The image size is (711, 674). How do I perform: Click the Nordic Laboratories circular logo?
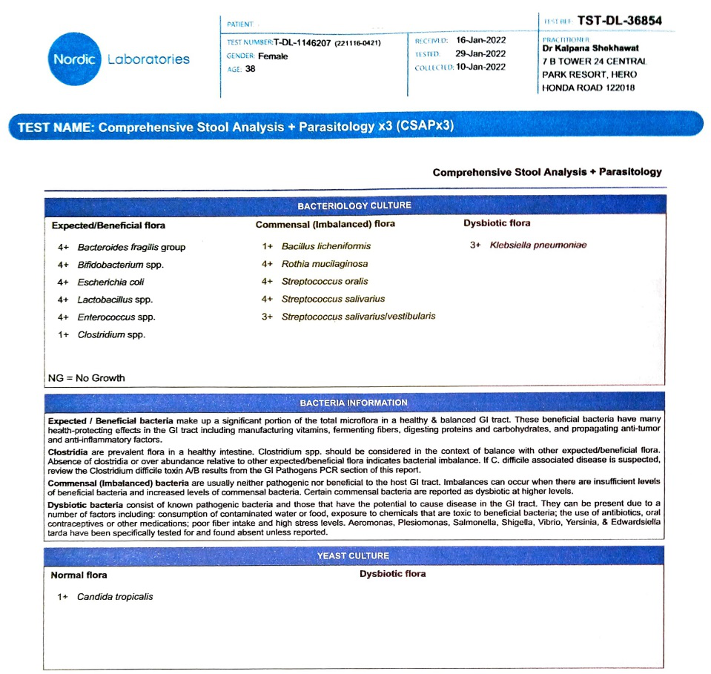[x=75, y=59]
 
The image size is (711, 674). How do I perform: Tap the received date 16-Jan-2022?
[x=480, y=40]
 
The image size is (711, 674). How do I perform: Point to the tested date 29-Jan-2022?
[x=480, y=53]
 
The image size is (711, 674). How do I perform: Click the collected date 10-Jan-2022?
[x=480, y=67]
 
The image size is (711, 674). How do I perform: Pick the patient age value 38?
[x=251, y=69]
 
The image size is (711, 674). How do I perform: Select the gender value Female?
[x=273, y=56]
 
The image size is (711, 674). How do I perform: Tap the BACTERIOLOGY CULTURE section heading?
[x=354, y=205]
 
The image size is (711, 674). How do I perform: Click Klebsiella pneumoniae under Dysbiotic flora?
[x=538, y=245]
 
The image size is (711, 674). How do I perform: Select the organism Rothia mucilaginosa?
[x=325, y=264]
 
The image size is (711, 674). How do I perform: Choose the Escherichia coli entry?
[x=111, y=282]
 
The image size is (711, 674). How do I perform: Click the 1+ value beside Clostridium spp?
[x=63, y=334]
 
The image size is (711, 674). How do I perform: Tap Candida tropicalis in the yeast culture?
[x=116, y=597]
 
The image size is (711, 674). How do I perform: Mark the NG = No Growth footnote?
[x=87, y=378]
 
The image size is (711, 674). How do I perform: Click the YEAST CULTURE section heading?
[x=353, y=555]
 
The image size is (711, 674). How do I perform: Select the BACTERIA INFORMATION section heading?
[x=354, y=403]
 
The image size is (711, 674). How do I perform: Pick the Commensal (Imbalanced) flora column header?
[x=325, y=224]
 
